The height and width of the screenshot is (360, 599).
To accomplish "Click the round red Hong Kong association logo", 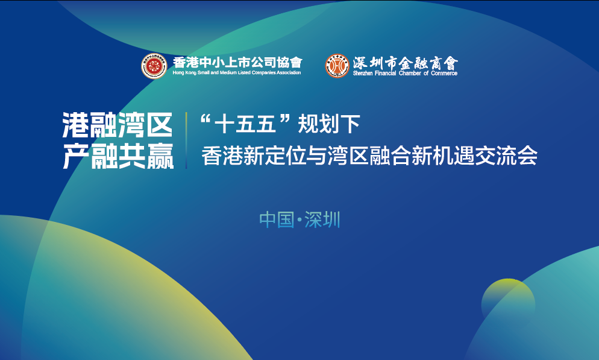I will click(x=154, y=66).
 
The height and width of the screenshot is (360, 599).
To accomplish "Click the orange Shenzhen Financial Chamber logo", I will click(x=337, y=66).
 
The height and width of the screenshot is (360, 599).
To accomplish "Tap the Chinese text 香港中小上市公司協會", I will click(x=237, y=62).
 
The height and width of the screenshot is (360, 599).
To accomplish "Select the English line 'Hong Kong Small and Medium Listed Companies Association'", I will click(x=237, y=73).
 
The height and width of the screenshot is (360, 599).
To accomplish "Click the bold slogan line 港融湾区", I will click(x=118, y=125).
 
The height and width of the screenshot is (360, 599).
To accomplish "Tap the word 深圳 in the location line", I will click(x=322, y=220).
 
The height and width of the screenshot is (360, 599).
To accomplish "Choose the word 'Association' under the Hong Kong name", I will click(x=288, y=73).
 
